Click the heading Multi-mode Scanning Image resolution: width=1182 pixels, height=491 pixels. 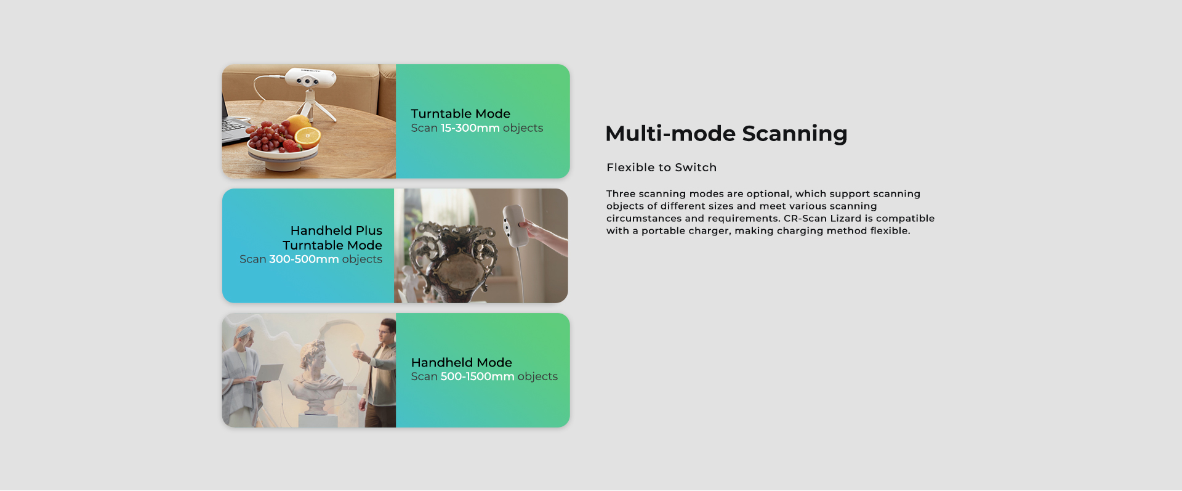[x=726, y=134]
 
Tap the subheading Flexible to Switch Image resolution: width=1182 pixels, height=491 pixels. [x=661, y=168]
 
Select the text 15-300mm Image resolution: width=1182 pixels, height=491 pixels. [x=470, y=128]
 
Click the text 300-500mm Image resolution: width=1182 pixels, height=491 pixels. [x=304, y=259]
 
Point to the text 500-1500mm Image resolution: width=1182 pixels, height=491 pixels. [x=477, y=376]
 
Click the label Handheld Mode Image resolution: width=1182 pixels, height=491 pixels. [x=461, y=362]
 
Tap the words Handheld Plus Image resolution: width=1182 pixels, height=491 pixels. [x=336, y=230]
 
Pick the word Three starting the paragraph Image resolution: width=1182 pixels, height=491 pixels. [x=621, y=193]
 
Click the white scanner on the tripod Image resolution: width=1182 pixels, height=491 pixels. [x=310, y=78]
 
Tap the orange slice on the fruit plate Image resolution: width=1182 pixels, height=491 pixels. [x=307, y=136]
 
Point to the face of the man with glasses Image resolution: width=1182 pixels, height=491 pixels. [x=385, y=334]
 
